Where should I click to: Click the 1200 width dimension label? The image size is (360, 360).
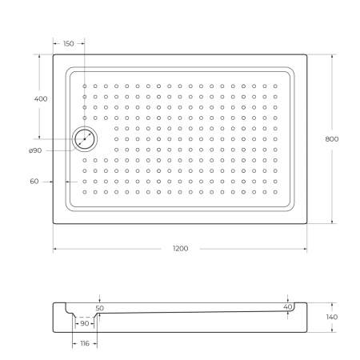tap(180, 250)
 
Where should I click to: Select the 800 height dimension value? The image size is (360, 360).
tap(332, 138)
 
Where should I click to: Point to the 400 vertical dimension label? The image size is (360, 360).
tap(40, 98)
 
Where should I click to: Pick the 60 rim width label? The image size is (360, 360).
tap(34, 182)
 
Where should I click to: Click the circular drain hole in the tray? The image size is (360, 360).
tap(84, 139)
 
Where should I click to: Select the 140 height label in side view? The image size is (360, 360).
tap(332, 318)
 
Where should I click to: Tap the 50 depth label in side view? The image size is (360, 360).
tap(99, 307)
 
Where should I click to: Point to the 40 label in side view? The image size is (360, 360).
tap(288, 306)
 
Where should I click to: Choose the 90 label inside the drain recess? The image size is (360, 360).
tap(85, 323)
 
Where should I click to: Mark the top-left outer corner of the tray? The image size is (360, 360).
tap(54, 54)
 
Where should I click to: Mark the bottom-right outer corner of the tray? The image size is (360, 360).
tap(307, 222)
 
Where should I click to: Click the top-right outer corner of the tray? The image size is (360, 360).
tap(307, 54)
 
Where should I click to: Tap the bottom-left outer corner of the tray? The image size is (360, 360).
tap(54, 222)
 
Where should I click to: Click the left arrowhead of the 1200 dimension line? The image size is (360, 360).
tap(55, 250)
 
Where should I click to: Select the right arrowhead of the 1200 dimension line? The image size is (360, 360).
tap(306, 250)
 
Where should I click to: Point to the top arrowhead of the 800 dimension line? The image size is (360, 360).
tap(332, 56)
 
